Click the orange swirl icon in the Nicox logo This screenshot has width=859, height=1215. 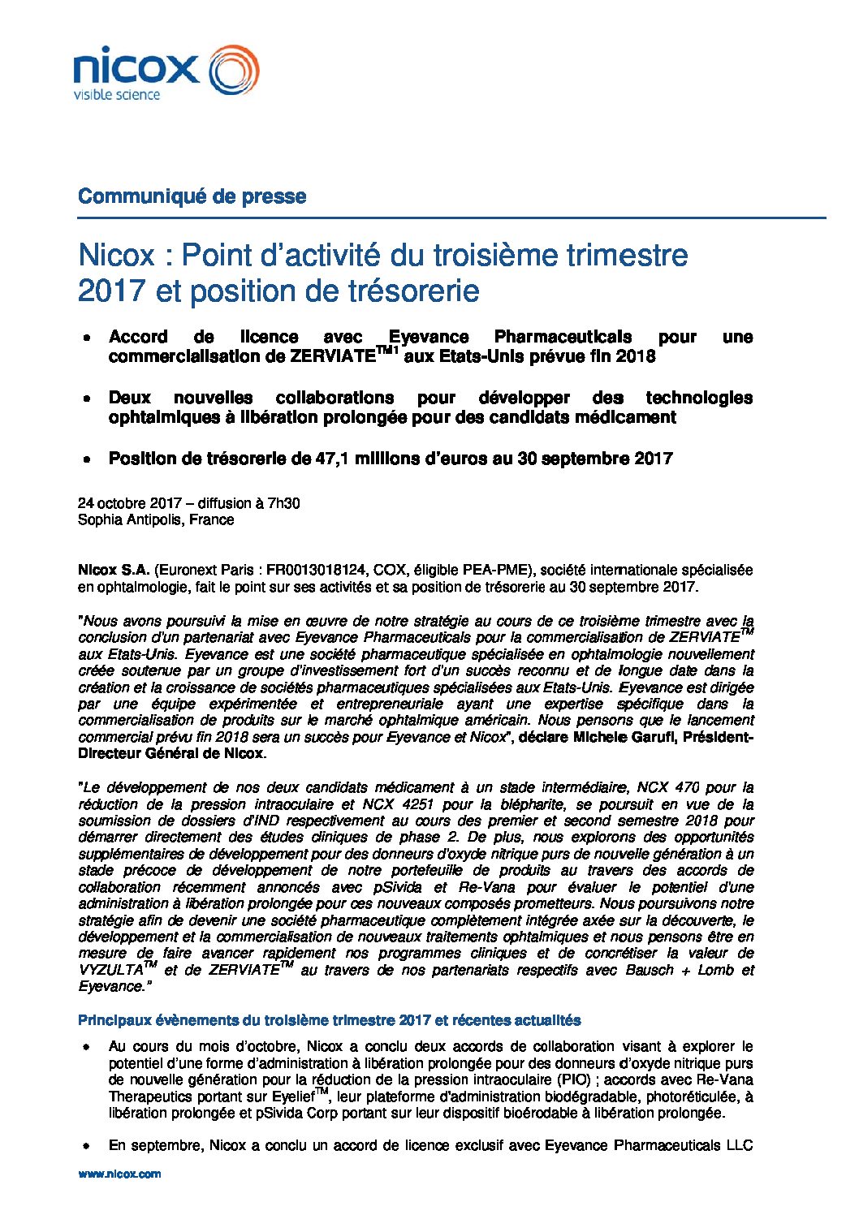click(x=234, y=70)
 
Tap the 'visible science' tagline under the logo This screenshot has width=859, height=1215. click(x=117, y=95)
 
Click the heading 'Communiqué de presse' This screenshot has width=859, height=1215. click(x=192, y=196)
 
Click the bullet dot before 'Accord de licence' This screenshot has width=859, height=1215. click(x=85, y=338)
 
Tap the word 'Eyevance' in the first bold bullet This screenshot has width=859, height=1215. click(x=428, y=337)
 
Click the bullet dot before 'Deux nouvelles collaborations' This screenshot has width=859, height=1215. click(x=85, y=399)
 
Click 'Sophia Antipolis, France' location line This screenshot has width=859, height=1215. click(x=156, y=520)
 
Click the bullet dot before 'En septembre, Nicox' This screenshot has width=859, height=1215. click(x=85, y=1146)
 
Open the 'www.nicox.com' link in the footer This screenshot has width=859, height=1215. click(x=119, y=1174)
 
